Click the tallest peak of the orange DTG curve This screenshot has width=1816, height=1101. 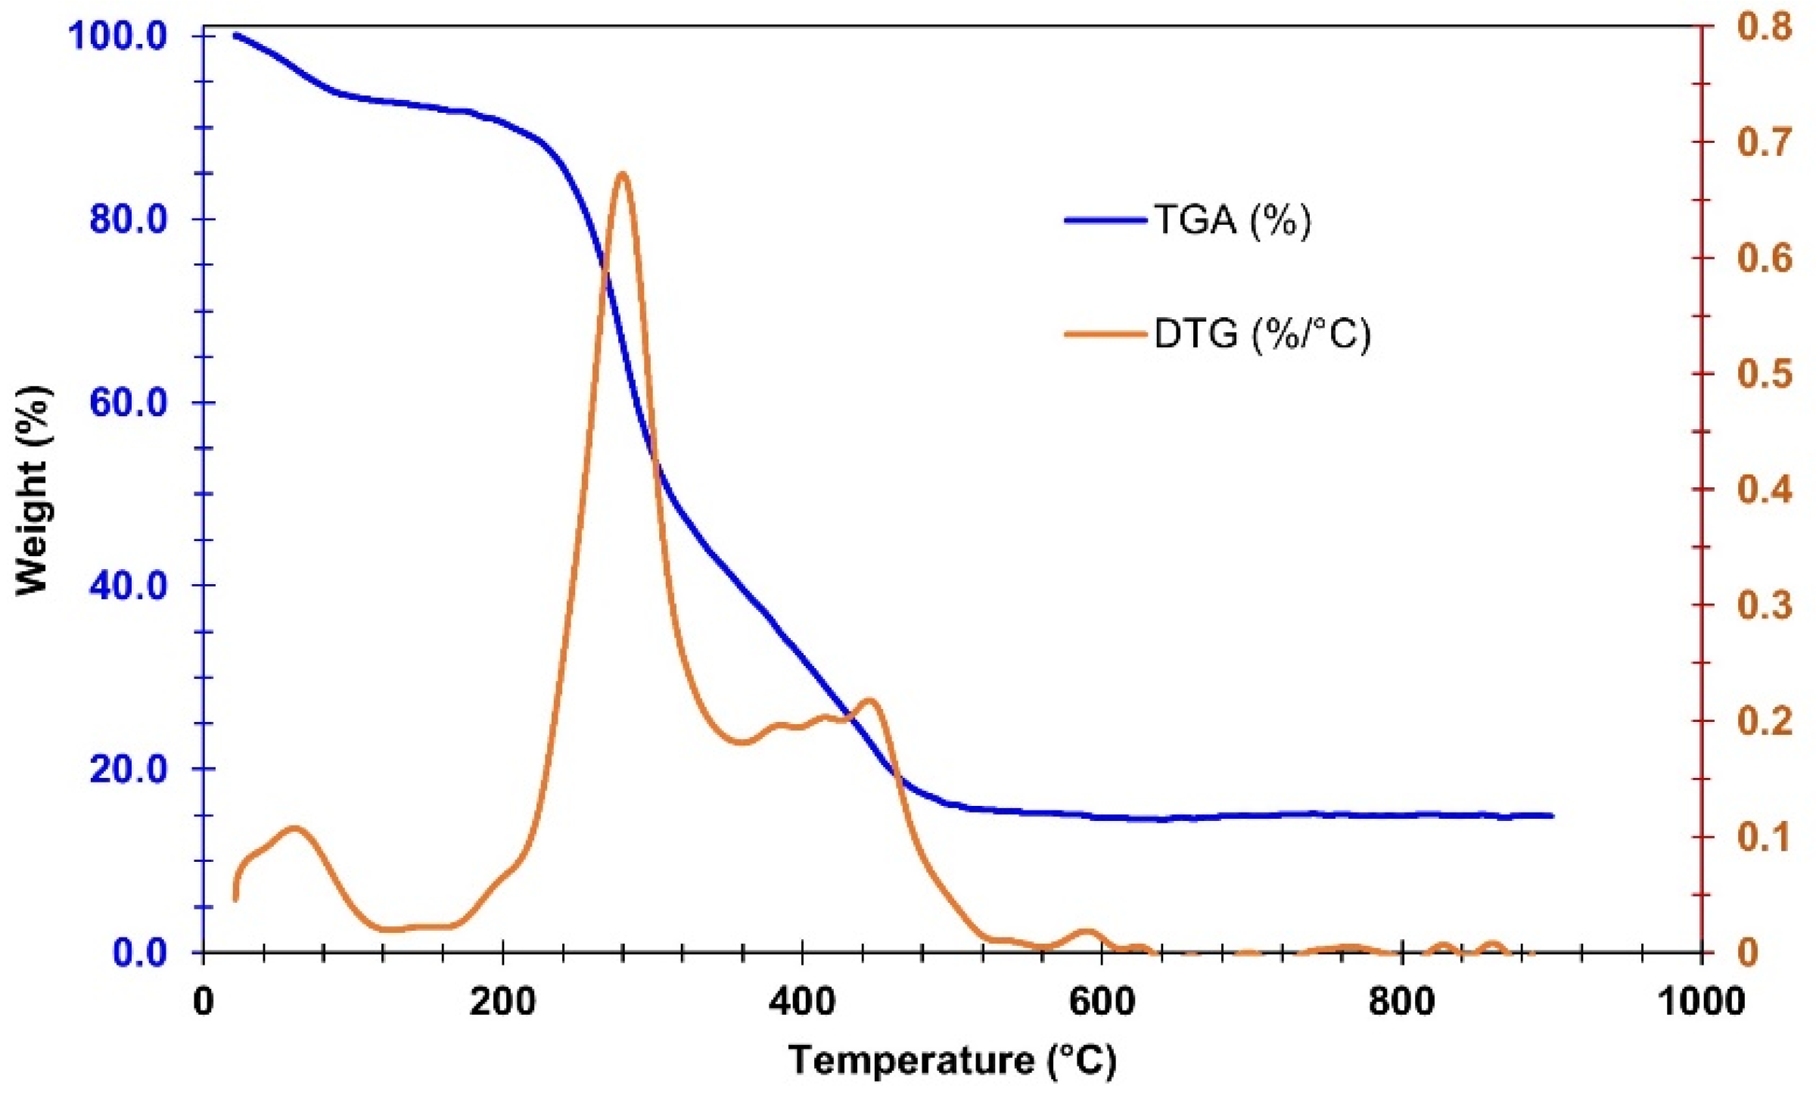coord(622,174)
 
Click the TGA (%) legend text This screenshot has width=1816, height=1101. coord(1232,220)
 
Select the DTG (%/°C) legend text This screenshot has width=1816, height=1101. coord(1261,334)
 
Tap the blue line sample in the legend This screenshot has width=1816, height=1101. coord(1105,221)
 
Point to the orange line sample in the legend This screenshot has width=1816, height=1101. coord(1105,334)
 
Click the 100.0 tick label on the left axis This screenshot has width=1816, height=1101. coord(117,36)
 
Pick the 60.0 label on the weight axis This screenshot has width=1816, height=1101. coord(128,402)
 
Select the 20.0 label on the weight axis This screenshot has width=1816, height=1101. coord(128,769)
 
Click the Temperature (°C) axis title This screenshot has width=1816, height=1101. coord(952,1061)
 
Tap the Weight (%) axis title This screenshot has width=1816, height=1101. coord(33,490)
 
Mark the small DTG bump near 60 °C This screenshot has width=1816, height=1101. coord(295,828)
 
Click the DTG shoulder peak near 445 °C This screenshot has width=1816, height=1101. coord(869,700)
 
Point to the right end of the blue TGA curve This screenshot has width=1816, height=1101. coord(1552,816)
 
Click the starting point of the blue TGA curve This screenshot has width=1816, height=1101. coord(235,35)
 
